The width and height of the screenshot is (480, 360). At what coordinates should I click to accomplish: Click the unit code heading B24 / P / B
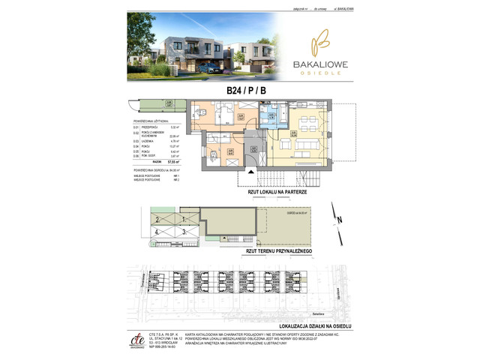pyautogui.click(x=245, y=91)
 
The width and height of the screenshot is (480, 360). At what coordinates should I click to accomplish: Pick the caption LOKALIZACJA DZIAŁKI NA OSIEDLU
pyautogui.click(x=304, y=326)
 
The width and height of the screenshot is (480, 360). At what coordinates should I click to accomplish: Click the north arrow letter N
pyautogui.click(x=339, y=220)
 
